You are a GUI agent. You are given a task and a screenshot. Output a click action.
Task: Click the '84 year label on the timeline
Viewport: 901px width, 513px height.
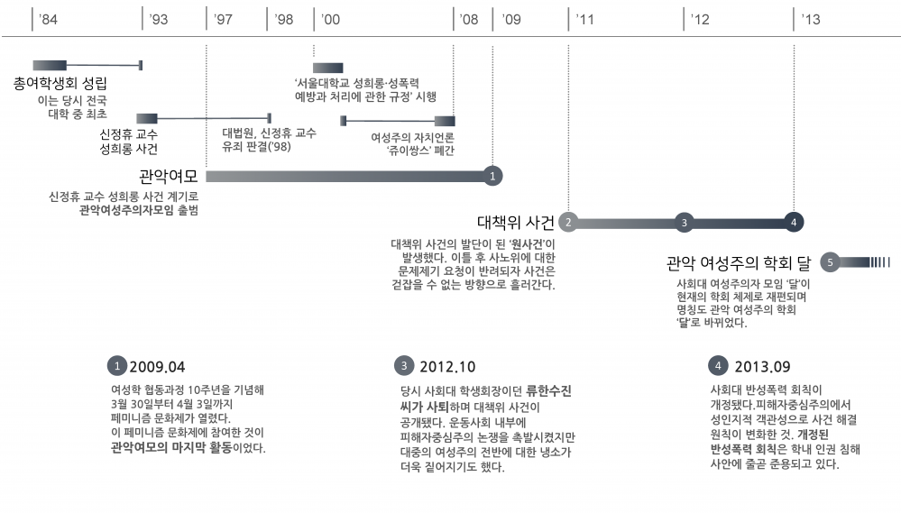click(x=49, y=20)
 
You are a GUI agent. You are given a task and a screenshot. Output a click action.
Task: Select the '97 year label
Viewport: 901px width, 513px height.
click(x=225, y=20)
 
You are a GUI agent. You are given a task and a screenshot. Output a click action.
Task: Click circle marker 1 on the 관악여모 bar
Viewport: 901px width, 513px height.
click(x=492, y=176)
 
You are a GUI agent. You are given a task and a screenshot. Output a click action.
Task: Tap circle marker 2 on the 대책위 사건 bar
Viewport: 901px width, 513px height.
click(x=568, y=222)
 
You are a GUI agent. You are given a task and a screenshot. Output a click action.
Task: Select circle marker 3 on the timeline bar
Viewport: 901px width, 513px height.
click(x=685, y=222)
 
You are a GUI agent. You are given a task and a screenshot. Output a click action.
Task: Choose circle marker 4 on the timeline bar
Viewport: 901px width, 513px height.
click(x=794, y=222)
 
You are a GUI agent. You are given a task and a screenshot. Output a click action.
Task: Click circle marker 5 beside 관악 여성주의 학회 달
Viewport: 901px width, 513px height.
click(x=831, y=262)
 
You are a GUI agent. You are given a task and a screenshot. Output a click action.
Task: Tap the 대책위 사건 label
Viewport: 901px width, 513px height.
click(x=515, y=222)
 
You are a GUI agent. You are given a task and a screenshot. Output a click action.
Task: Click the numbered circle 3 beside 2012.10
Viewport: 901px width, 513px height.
click(x=404, y=365)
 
